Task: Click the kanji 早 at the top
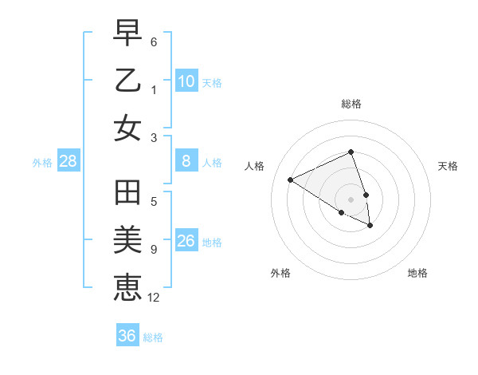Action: tap(128, 34)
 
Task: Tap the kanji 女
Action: tap(128, 128)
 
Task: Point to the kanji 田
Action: tap(128, 194)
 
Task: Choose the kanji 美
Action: tap(128, 240)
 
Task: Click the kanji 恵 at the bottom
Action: tap(128, 287)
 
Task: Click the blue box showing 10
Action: tap(186, 81)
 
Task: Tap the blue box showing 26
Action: tap(186, 241)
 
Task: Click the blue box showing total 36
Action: tap(127, 336)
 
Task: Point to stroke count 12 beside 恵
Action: tap(154, 298)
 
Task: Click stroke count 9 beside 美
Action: tap(154, 250)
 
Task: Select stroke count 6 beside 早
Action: tap(154, 41)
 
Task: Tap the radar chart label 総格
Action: tap(351, 104)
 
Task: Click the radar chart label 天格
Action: tap(449, 166)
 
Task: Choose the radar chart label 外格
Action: tap(280, 273)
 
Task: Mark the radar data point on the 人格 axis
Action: tap(291, 180)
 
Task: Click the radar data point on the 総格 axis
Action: tap(351, 152)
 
